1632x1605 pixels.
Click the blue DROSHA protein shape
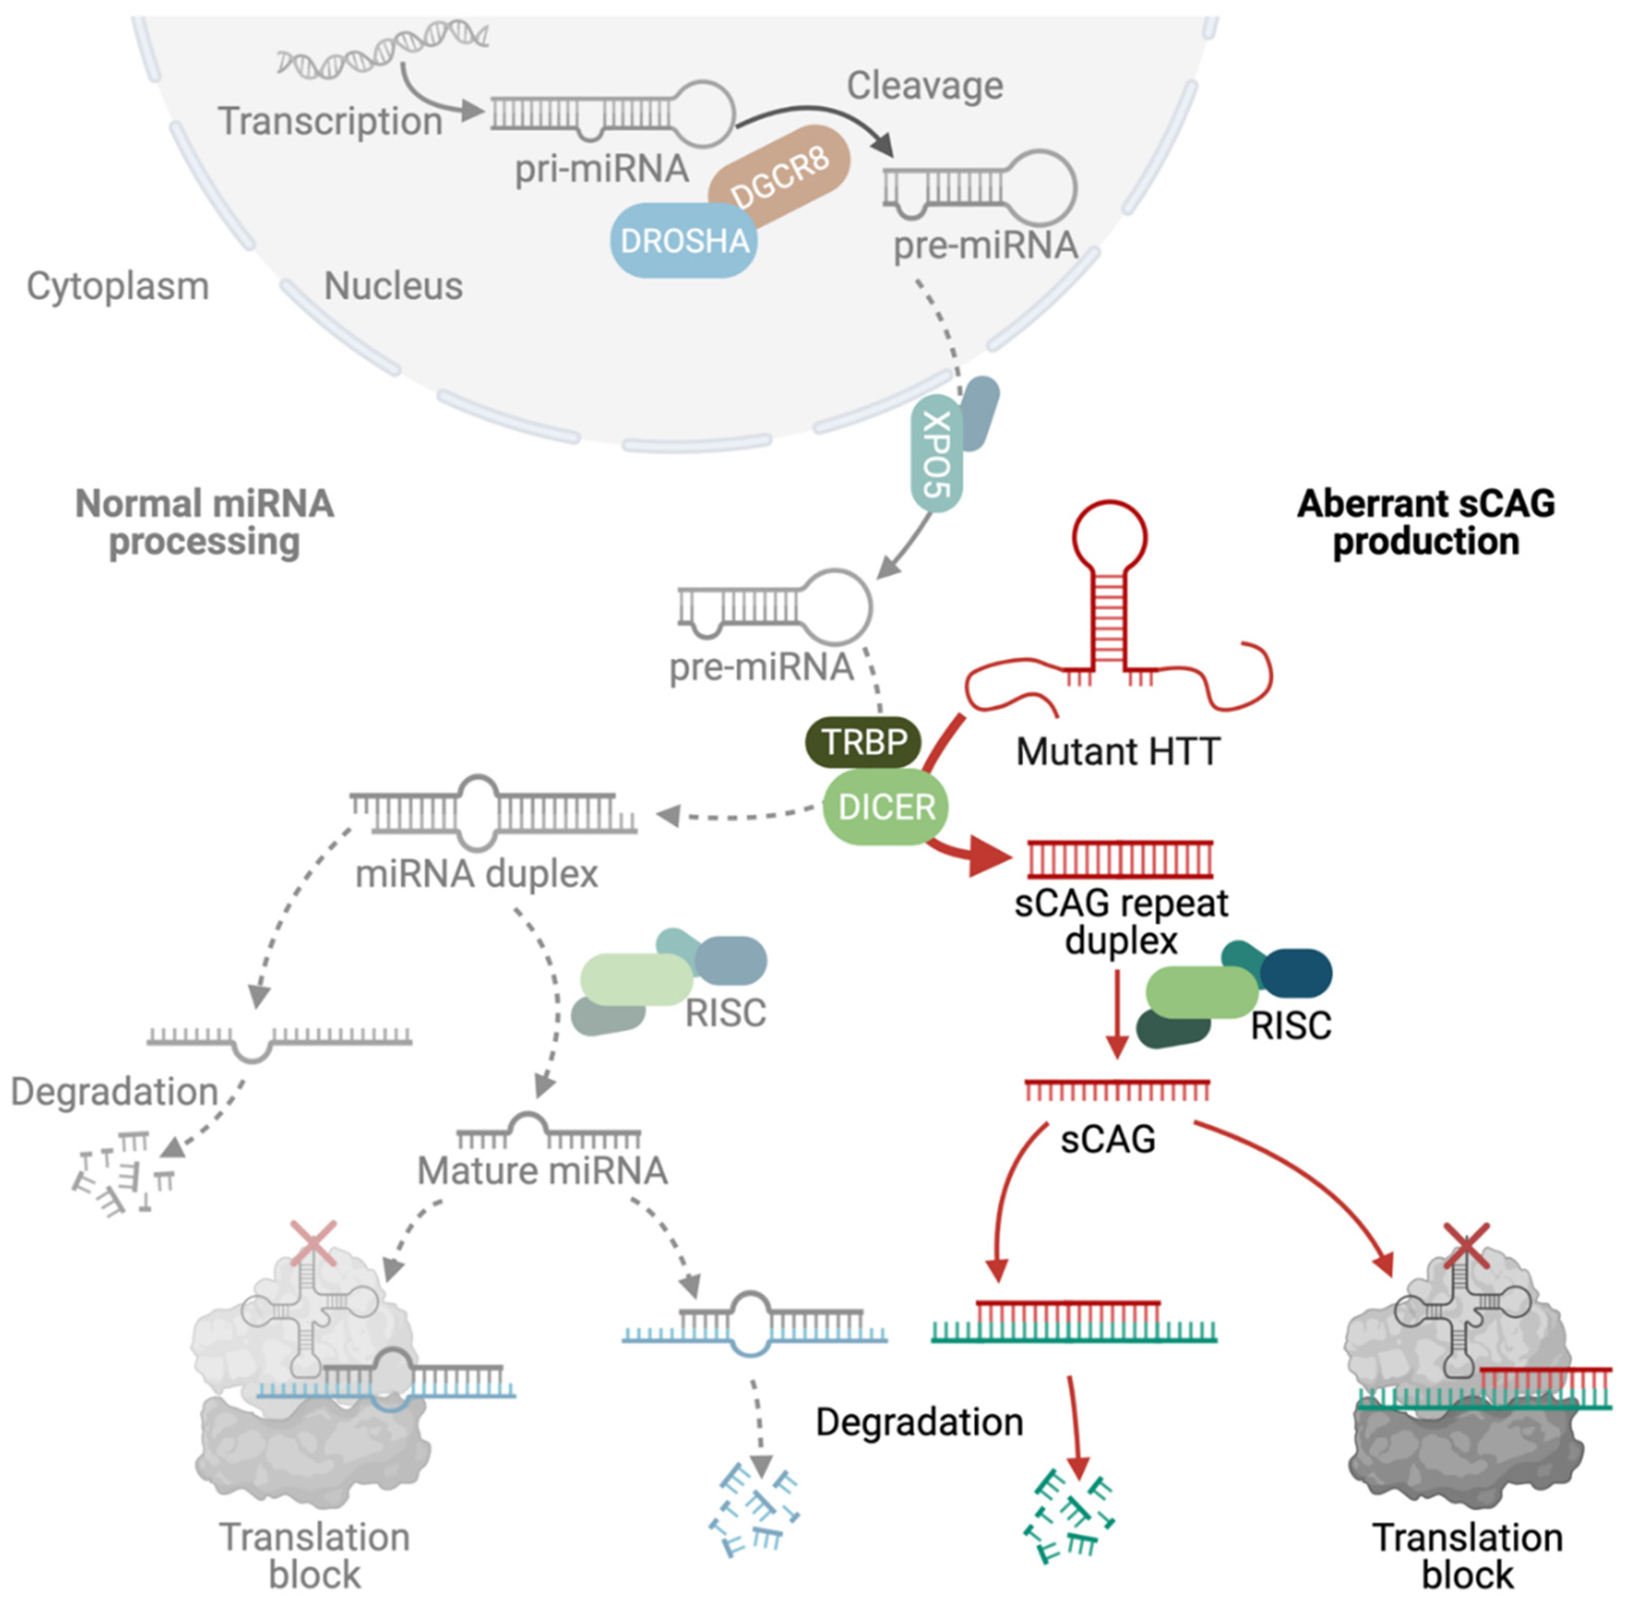click(683, 240)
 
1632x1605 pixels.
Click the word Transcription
click(330, 121)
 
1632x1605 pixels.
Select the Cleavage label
click(925, 85)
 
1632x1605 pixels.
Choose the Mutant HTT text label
click(1118, 750)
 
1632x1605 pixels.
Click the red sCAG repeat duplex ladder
click(1119, 859)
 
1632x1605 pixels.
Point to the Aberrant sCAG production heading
click(1425, 522)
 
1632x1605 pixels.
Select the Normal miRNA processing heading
click(205, 522)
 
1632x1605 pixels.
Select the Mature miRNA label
click(542, 1170)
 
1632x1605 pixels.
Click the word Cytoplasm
click(117, 286)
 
